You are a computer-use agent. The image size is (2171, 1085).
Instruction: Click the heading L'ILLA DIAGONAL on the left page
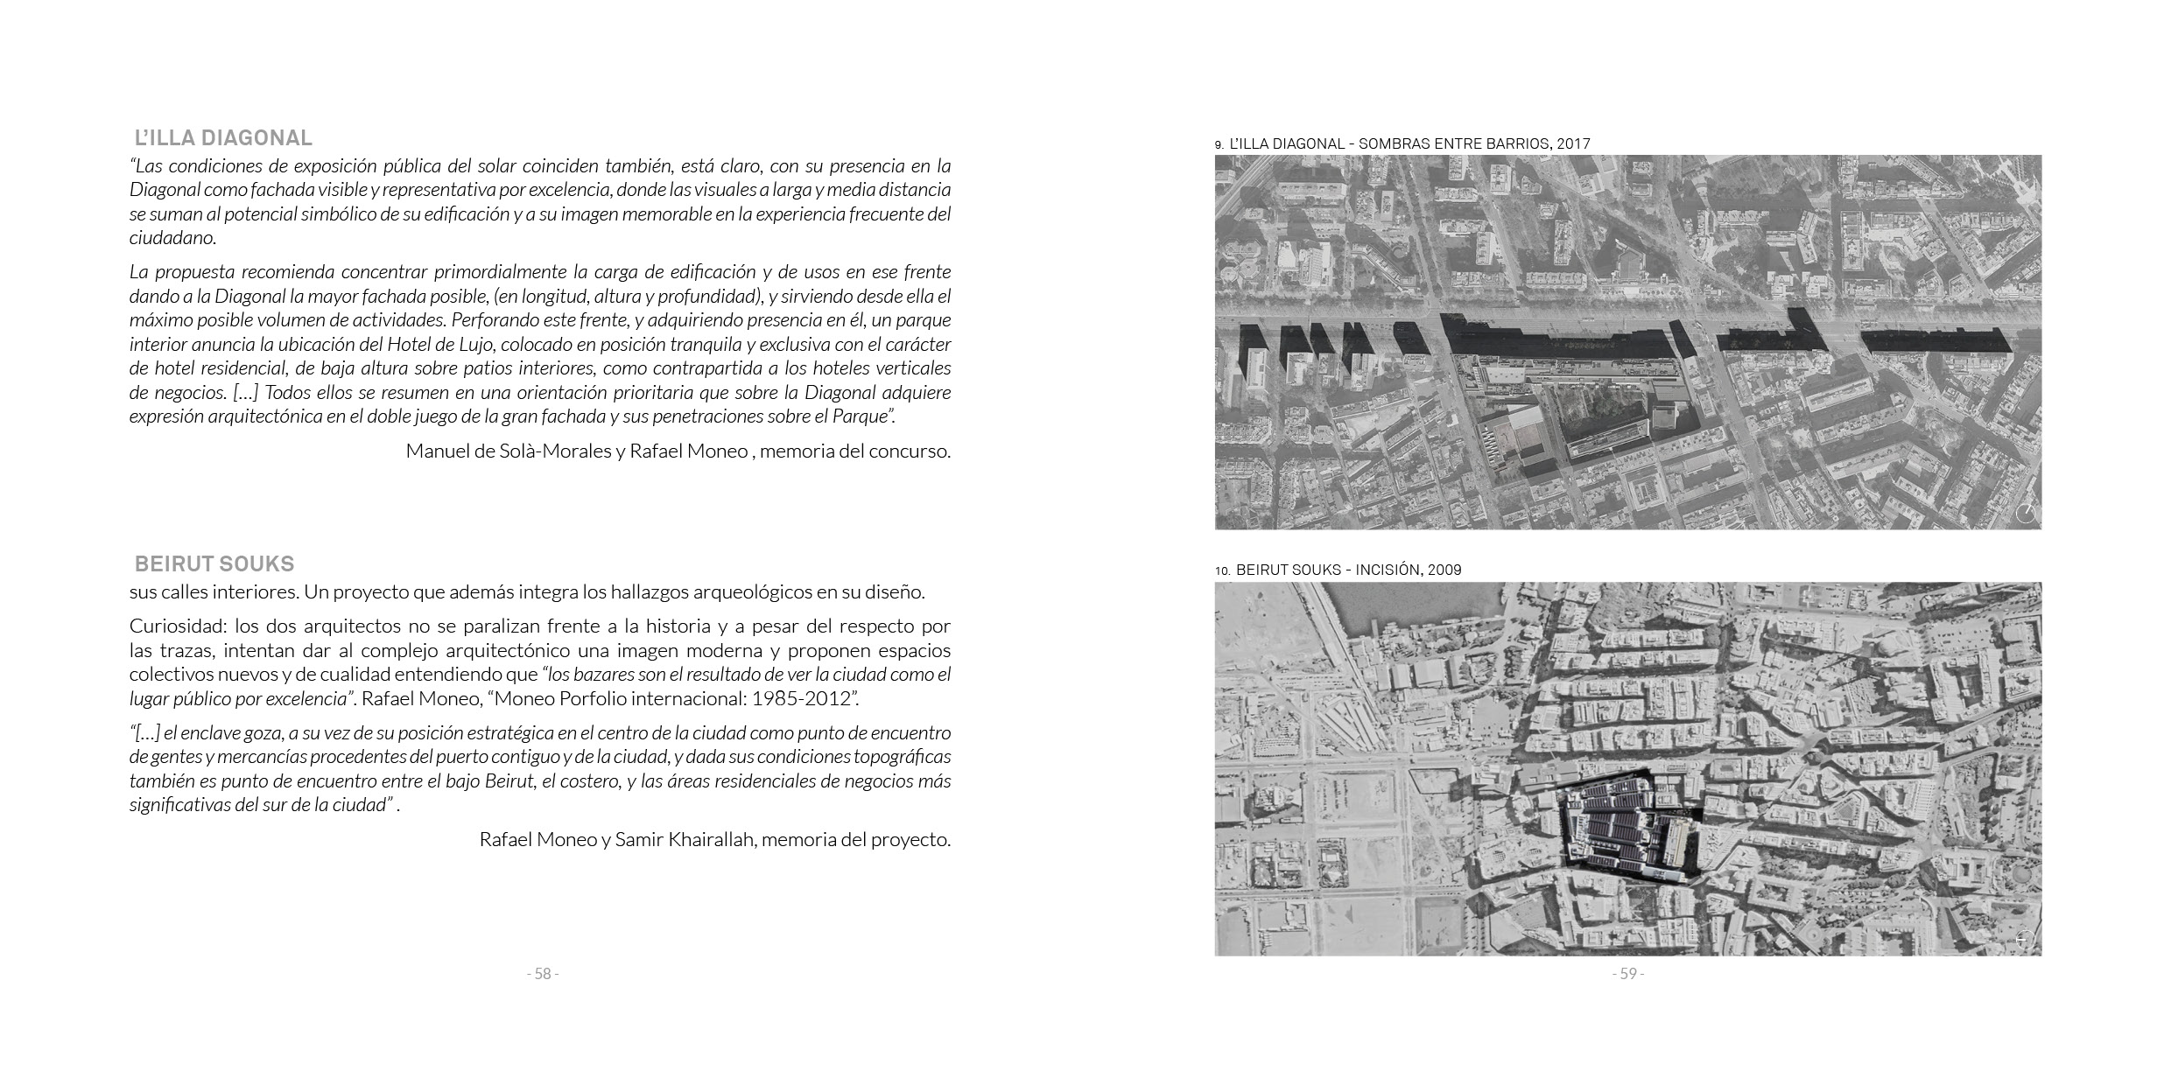(223, 138)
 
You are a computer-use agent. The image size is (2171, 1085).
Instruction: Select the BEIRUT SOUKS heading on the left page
(214, 563)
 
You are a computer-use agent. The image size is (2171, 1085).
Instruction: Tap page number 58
(543, 974)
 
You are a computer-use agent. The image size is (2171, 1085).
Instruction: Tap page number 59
(1628, 974)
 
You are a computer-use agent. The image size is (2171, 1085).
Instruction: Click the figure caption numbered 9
(1402, 143)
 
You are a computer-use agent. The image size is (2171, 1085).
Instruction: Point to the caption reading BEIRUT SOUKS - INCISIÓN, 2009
(1348, 570)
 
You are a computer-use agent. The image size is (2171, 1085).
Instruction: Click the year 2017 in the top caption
(1573, 143)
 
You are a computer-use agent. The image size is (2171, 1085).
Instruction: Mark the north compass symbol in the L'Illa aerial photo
(2025, 514)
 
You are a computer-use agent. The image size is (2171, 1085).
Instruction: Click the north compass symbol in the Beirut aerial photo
(2023, 940)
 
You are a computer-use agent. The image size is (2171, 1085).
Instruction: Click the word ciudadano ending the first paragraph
(172, 238)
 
